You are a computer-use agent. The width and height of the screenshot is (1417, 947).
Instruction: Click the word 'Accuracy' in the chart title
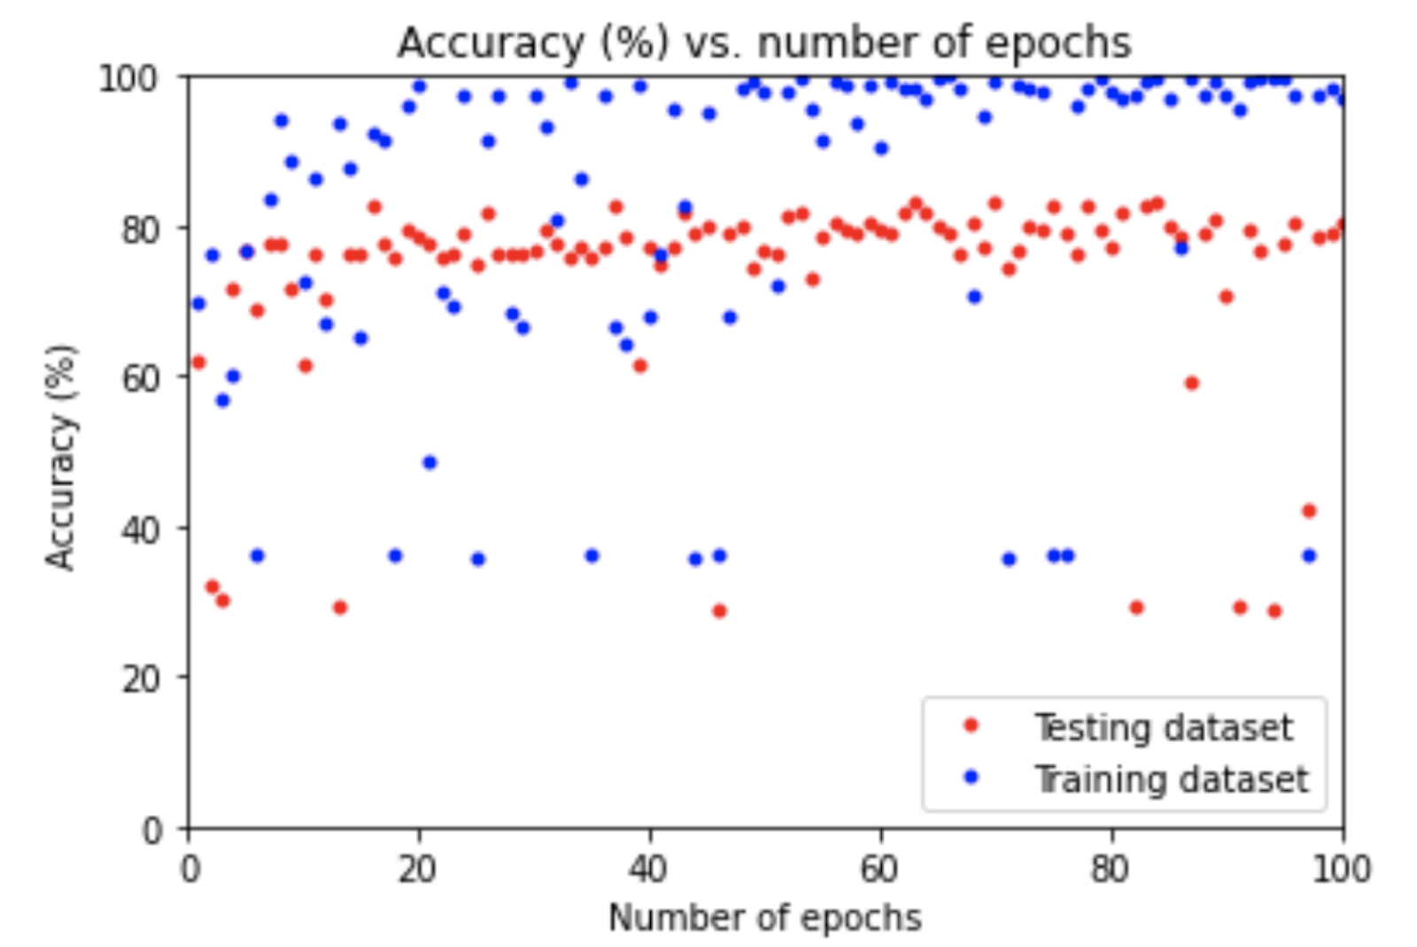tap(489, 43)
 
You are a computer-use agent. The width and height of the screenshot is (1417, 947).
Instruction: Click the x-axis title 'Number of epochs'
tap(764, 918)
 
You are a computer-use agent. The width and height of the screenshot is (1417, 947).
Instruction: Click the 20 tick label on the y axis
tap(142, 679)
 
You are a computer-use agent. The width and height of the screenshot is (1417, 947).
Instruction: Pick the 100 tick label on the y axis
tap(129, 79)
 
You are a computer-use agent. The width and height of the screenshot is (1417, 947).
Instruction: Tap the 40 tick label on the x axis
tap(649, 869)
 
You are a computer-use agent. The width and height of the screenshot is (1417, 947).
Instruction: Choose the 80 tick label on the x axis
tap(1111, 869)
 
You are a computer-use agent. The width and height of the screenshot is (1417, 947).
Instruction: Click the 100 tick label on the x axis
tap(1341, 869)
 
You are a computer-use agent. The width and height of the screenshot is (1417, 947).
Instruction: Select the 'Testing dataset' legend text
tap(1164, 727)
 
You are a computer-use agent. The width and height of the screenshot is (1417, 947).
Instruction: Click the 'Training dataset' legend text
tap(1171, 780)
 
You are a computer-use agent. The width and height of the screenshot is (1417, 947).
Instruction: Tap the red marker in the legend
tap(971, 726)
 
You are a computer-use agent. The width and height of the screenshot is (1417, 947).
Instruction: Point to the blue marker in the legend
tap(971, 777)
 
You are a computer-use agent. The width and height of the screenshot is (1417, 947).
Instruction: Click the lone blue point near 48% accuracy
tap(430, 462)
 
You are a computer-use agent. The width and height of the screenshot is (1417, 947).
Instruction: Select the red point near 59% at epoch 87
tap(1191, 383)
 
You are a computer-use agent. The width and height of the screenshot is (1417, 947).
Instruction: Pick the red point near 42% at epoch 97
tap(1308, 510)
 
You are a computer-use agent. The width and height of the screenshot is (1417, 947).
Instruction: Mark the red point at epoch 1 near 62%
tap(198, 361)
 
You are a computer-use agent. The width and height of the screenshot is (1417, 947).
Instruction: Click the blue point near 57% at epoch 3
tap(222, 400)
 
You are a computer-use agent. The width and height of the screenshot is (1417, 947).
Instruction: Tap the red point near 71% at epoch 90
tap(1226, 297)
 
